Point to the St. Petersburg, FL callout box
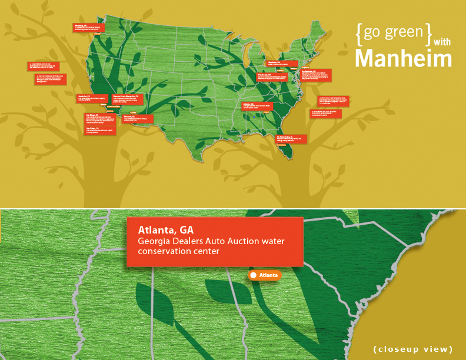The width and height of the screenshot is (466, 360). click(291, 139)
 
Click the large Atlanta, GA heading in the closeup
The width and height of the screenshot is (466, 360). click(166, 229)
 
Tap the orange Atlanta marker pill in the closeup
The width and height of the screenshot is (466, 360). click(265, 275)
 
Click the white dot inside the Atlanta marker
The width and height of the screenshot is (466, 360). click(253, 275)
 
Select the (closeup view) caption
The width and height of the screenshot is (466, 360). click(413, 349)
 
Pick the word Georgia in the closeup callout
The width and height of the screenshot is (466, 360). click(155, 241)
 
